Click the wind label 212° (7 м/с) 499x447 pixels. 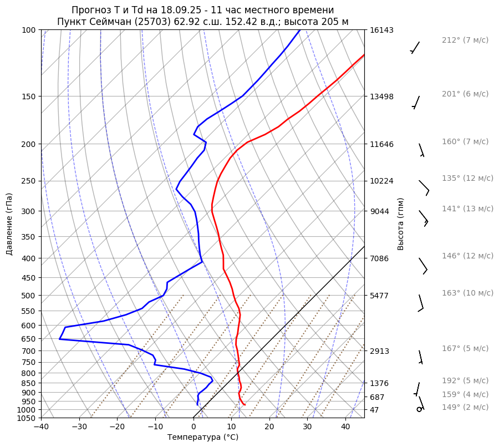(465, 40)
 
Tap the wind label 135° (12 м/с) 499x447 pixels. (467, 178)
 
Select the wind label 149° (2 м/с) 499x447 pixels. (465, 407)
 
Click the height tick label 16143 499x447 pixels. (381, 30)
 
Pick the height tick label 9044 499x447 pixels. (380, 211)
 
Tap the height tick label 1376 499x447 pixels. (380, 383)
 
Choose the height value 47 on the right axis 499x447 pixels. (375, 410)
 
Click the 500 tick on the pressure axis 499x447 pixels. (30, 296)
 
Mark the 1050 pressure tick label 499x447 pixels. (28, 418)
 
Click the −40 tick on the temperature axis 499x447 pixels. (41, 427)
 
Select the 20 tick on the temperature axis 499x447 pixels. (269, 427)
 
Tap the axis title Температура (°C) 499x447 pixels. (203, 437)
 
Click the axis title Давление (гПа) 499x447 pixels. (9, 224)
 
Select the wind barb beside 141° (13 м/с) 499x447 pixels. (424, 217)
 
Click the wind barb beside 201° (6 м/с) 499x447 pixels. (415, 102)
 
